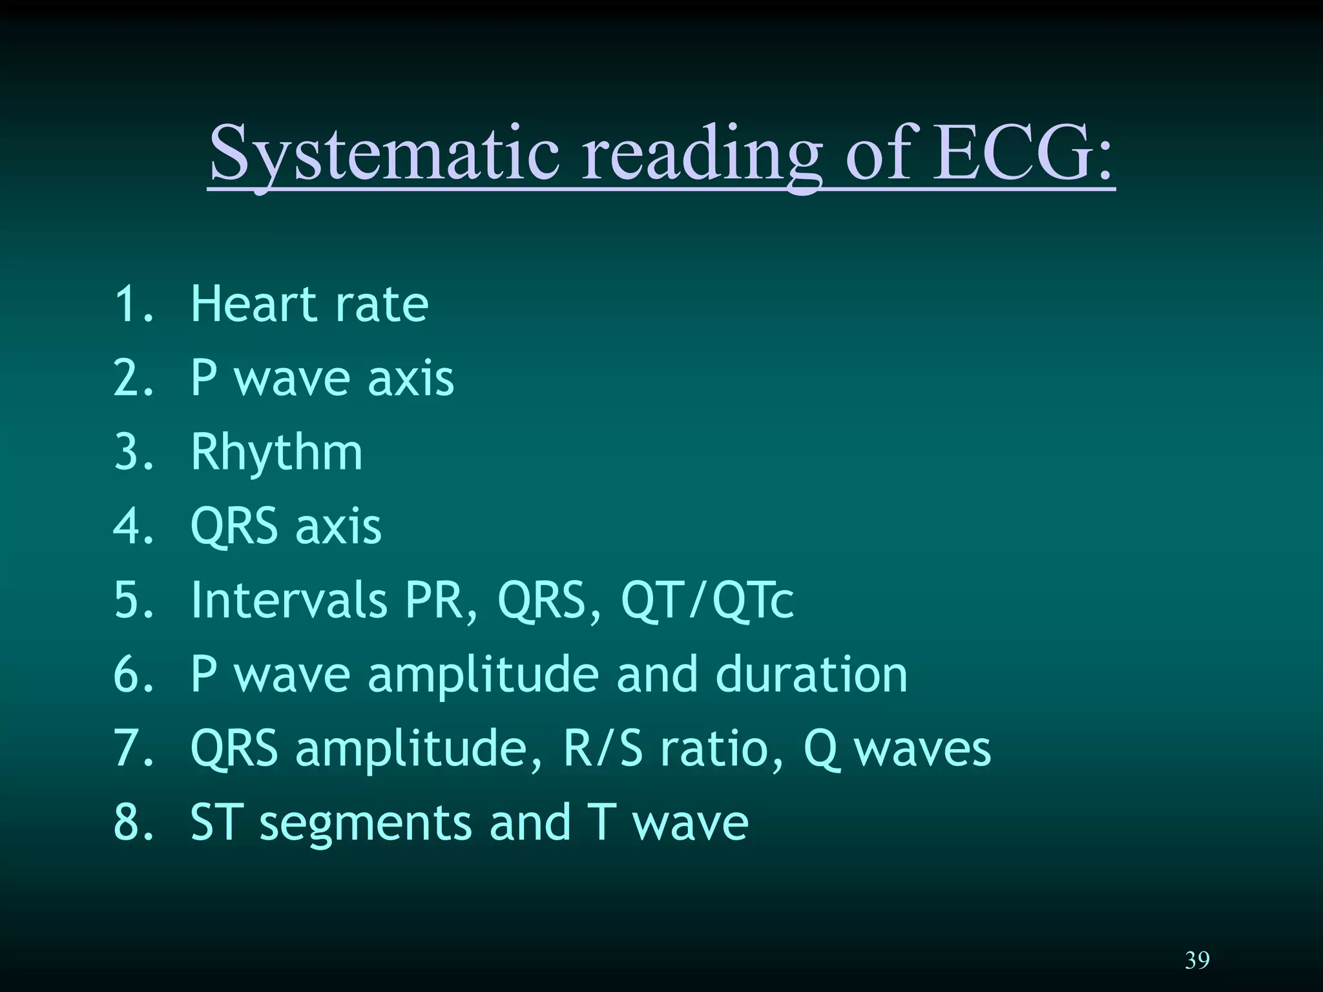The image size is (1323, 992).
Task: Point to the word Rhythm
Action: (x=276, y=452)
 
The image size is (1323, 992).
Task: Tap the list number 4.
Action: (x=129, y=526)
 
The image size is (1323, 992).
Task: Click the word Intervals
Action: (x=289, y=599)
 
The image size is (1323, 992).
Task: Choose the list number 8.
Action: (x=129, y=823)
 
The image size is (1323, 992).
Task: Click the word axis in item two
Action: (x=411, y=378)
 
